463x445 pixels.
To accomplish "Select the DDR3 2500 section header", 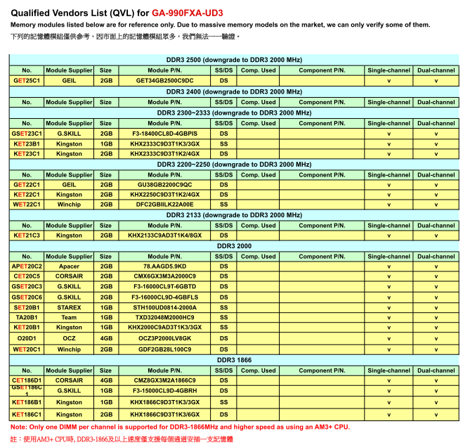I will (x=234, y=60).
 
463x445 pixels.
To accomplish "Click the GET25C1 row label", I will (x=27, y=81).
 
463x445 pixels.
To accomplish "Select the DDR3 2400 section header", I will (x=234, y=91).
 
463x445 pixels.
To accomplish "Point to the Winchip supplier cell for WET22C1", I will (x=69, y=205).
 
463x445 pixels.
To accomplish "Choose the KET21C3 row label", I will (x=27, y=236).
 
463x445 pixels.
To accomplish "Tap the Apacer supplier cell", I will (x=69, y=266).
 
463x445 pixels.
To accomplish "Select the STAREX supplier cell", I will (x=69, y=307).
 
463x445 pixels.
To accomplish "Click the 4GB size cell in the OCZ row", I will (x=105, y=338).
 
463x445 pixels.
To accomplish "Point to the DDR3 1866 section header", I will (x=234, y=360).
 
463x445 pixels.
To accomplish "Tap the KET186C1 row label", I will (x=27, y=415).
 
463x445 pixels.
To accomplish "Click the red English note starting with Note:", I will (x=180, y=427).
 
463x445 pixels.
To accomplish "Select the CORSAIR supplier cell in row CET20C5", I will (x=69, y=276).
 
